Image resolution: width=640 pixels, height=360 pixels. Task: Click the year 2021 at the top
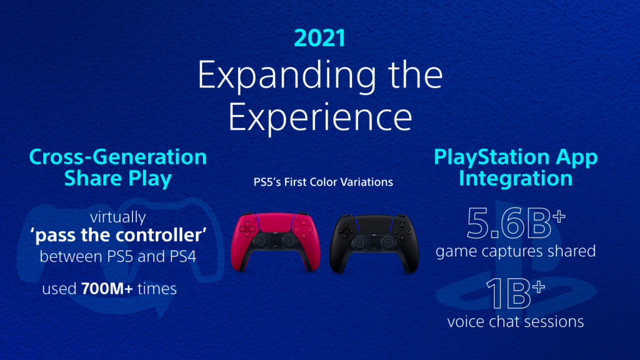point(319,38)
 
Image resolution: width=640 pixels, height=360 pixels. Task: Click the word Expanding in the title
point(287,76)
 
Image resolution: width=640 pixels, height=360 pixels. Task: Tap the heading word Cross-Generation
point(118,157)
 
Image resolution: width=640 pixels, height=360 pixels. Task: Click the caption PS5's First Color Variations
point(323,182)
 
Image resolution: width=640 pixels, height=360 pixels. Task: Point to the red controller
point(276,241)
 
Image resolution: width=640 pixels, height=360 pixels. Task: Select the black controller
point(374,244)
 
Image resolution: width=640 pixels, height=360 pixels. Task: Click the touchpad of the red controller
point(276,222)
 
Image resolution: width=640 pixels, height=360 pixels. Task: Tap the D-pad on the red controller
point(247,230)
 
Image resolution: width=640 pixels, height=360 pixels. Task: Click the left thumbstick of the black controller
point(360,243)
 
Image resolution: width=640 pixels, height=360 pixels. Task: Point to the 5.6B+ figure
point(516,223)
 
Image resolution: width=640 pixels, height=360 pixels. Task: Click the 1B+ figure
point(516,294)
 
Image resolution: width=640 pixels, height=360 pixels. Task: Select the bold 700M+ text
point(107,289)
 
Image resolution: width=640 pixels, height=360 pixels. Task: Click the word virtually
point(118,217)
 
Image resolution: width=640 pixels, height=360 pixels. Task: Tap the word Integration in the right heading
point(516,179)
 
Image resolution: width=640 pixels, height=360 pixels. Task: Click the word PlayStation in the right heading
point(492,157)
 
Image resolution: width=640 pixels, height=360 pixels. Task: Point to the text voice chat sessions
point(516,322)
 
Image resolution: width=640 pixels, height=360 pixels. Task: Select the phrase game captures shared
point(516,251)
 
